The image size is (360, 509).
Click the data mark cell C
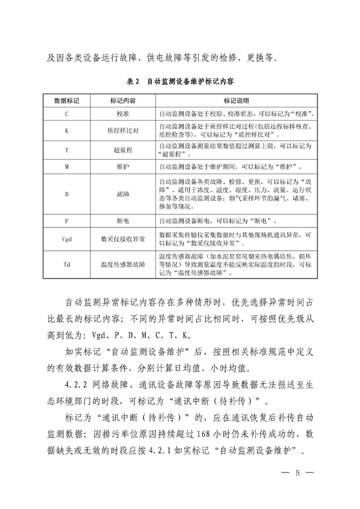[x=67, y=112]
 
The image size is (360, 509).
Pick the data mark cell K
[x=67, y=129]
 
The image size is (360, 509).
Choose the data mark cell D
[x=67, y=195]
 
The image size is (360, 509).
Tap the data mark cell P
[x=67, y=220]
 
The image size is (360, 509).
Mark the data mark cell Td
[x=67, y=264]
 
